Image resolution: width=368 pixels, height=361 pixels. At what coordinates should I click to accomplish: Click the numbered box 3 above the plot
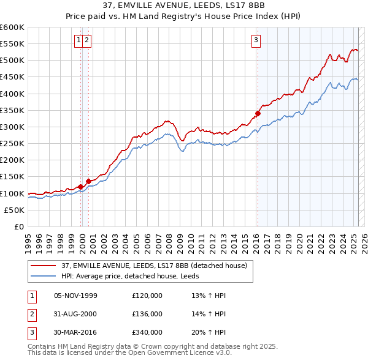click(x=255, y=41)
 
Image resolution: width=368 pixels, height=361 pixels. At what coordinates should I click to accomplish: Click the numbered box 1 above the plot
click(x=79, y=41)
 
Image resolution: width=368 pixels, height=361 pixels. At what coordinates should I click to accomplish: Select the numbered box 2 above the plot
click(x=86, y=41)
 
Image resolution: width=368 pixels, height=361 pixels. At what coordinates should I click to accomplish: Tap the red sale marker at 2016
click(x=258, y=113)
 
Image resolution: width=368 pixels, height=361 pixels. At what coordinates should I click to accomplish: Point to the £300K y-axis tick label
click(x=12, y=127)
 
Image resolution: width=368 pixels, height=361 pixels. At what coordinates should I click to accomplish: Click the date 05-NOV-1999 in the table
click(x=76, y=296)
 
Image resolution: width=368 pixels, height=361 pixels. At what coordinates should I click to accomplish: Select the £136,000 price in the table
click(x=147, y=314)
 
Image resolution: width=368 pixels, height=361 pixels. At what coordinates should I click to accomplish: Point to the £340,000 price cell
click(x=147, y=332)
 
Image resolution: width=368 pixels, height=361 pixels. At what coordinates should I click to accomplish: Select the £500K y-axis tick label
click(x=12, y=60)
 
